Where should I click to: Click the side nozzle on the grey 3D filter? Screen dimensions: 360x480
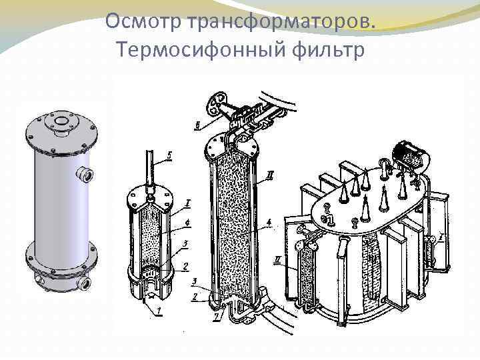pyautogui.click(x=85, y=175)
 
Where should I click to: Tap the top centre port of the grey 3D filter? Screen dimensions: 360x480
pyautogui.click(x=59, y=122)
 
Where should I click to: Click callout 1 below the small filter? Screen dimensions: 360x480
pyautogui.click(x=159, y=311)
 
